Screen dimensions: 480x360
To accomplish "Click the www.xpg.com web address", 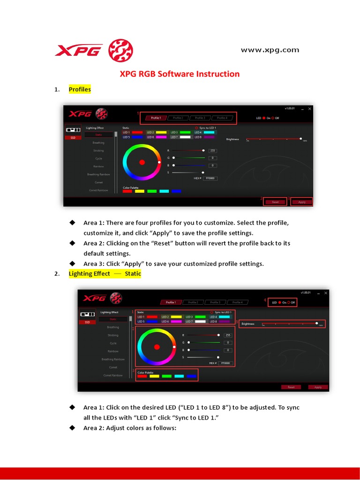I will point(270,50).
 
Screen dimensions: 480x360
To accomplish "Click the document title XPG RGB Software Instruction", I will point(180,74).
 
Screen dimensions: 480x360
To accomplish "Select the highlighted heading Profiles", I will point(80,89).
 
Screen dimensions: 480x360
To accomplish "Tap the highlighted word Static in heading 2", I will point(133,274).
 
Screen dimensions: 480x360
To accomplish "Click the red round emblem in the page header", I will point(120,51).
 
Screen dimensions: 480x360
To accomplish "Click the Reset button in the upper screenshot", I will point(275,202).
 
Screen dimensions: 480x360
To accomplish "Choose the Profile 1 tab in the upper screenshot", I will point(156,118).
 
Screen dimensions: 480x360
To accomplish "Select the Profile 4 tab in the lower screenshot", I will point(238,302).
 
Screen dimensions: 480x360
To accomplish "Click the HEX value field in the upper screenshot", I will point(210,179).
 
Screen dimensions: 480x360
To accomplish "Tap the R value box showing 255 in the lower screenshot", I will point(228,335).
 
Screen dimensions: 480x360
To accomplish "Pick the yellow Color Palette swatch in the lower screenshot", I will point(154,376).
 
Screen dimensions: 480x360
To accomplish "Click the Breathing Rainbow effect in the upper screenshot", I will point(98,174).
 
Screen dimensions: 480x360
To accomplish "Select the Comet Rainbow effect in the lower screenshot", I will point(113,375).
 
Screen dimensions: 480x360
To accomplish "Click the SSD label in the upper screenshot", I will point(73,138).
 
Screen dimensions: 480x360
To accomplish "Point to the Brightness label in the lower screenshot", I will point(248,323).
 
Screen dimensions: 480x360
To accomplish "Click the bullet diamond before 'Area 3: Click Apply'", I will point(72,263).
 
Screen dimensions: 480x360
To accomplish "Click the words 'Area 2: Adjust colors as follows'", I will point(129,427).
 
